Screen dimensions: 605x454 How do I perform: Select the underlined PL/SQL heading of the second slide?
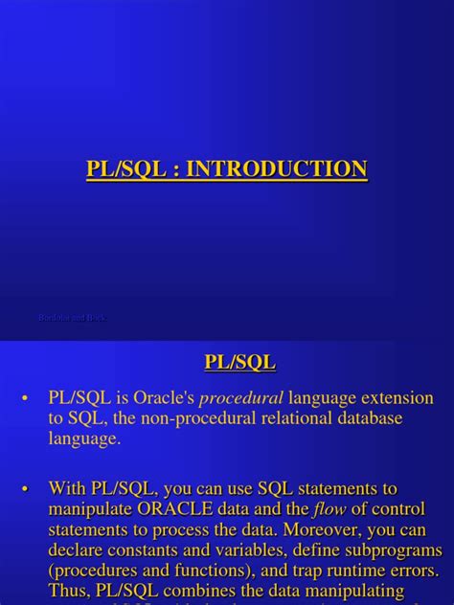(x=239, y=362)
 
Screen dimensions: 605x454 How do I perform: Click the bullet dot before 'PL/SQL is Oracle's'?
(x=26, y=398)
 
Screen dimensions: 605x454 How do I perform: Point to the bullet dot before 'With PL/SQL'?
(x=26, y=489)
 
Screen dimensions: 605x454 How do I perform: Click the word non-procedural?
(x=174, y=418)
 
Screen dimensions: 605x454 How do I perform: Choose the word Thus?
(x=69, y=592)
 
